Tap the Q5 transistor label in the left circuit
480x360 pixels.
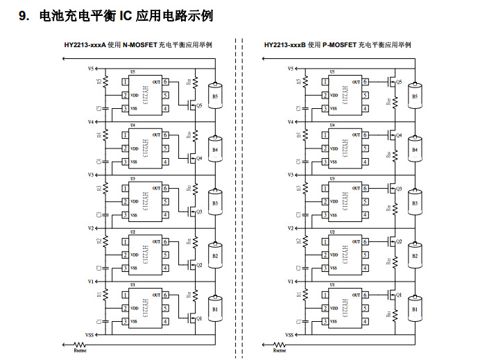(199, 106)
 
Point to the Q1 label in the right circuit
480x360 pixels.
(399, 295)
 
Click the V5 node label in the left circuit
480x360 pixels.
(90, 69)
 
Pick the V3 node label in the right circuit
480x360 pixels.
(290, 175)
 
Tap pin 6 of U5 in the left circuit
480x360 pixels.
(165, 82)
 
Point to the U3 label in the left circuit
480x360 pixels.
(132, 178)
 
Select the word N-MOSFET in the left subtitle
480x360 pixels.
(139, 45)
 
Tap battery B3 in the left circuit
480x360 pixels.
(215, 203)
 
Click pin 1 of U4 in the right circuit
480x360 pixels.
(325, 136)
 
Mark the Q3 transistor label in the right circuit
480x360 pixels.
(399, 189)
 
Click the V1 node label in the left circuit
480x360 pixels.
(90, 282)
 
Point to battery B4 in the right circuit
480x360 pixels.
(415, 150)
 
